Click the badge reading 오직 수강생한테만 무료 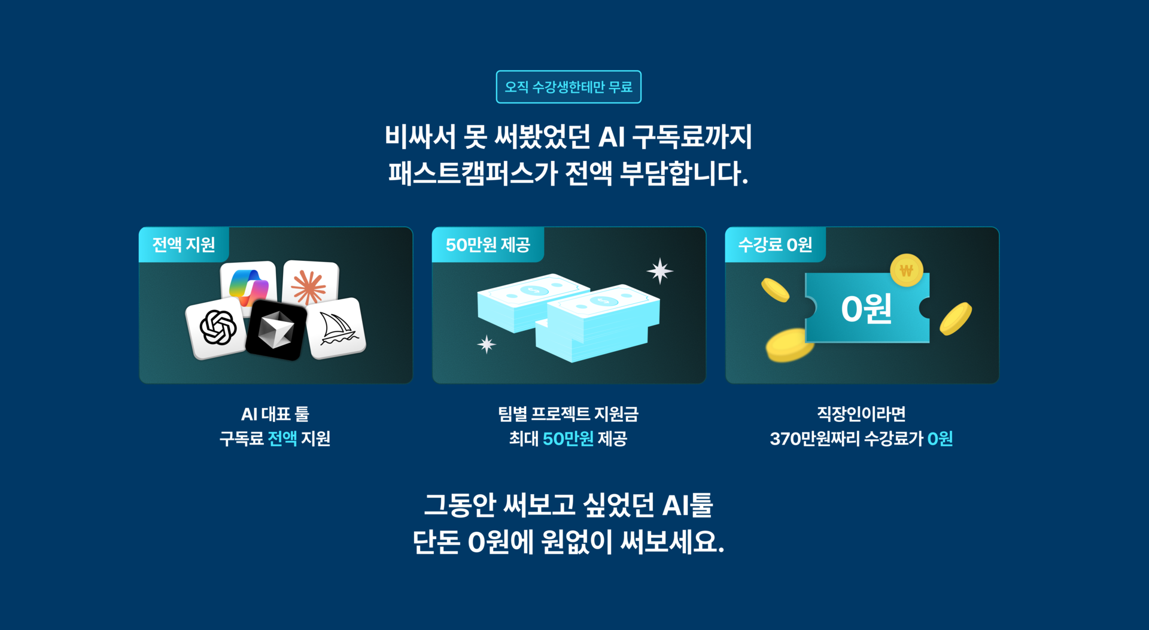[569, 87]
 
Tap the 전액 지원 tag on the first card [183, 245]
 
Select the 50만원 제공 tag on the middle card [487, 245]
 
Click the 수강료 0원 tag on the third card [775, 245]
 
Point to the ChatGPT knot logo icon [217, 328]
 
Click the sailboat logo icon [338, 328]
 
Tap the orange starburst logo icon [309, 286]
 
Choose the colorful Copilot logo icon [248, 285]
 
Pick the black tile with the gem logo [276, 331]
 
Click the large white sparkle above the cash [659, 271]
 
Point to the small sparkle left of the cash [487, 345]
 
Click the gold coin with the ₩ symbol [906, 270]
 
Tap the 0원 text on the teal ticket [866, 309]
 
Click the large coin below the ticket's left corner [789, 345]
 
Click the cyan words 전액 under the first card [282, 439]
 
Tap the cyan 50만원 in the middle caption [568, 439]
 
